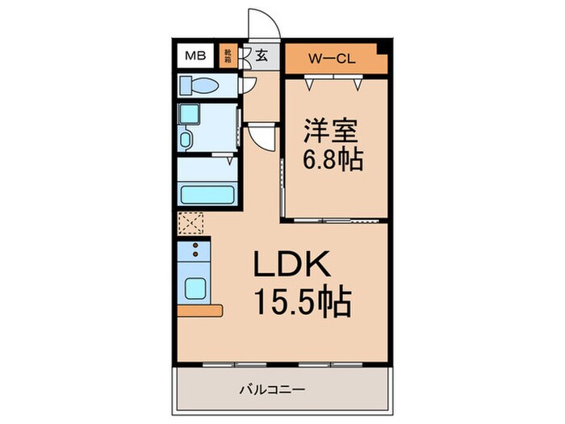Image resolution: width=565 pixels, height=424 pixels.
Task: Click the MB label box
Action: pos(195,57)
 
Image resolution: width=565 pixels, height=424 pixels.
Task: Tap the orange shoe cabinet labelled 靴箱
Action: pos(228,57)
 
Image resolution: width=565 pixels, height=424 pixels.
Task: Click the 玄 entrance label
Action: pos(262,57)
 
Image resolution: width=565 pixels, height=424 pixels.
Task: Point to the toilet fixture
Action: pos(197,85)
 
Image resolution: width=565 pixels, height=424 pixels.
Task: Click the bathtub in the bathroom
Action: pos(207,195)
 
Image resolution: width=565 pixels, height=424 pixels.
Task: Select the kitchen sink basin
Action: pos(195,288)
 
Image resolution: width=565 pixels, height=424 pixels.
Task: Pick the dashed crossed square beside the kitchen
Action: pos(192,223)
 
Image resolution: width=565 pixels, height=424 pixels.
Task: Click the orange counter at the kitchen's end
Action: pos(200,310)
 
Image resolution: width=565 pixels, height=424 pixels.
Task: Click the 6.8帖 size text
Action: pos(330,157)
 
